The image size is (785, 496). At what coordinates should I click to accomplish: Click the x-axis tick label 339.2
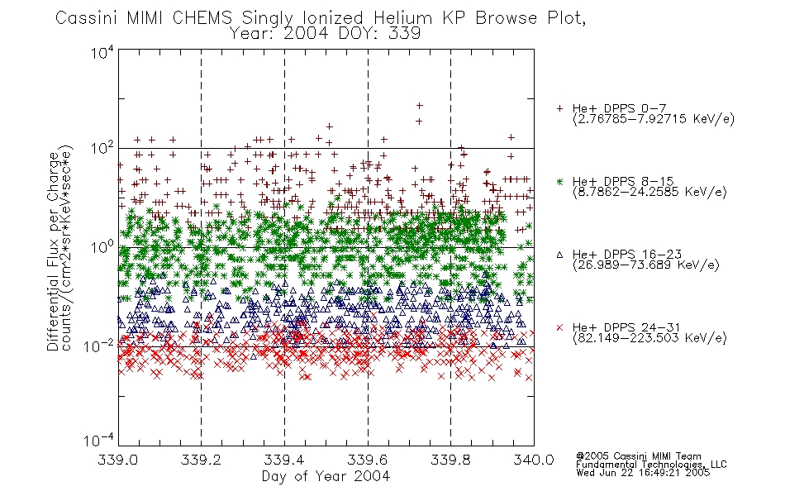pyautogui.click(x=201, y=460)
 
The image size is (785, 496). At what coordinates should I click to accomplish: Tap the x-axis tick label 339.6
pyautogui.click(x=368, y=460)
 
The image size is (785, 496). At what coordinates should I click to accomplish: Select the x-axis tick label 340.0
pyautogui.click(x=534, y=460)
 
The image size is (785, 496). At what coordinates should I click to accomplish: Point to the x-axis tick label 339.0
pyautogui.click(x=117, y=460)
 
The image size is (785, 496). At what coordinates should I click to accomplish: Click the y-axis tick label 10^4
pyautogui.click(x=102, y=52)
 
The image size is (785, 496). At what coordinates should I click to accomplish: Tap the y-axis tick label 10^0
pyautogui.click(x=102, y=247)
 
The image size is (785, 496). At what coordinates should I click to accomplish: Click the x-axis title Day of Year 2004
pyautogui.click(x=326, y=476)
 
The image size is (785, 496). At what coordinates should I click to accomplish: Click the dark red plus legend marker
pyautogui.click(x=559, y=108)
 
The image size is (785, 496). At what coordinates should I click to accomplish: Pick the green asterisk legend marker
pyautogui.click(x=559, y=181)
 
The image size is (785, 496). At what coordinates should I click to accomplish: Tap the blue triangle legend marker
pyautogui.click(x=559, y=255)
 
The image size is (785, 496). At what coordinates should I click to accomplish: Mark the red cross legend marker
pyautogui.click(x=559, y=327)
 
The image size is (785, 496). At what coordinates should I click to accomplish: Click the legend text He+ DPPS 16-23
pyautogui.click(x=627, y=254)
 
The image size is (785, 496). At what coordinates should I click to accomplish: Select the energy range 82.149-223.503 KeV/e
pyautogui.click(x=649, y=337)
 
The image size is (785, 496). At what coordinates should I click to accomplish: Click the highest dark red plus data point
pyautogui.click(x=420, y=106)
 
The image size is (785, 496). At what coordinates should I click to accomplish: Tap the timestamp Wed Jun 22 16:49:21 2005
pyautogui.click(x=643, y=472)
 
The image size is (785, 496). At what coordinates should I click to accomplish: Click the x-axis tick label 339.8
pyautogui.click(x=450, y=460)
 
